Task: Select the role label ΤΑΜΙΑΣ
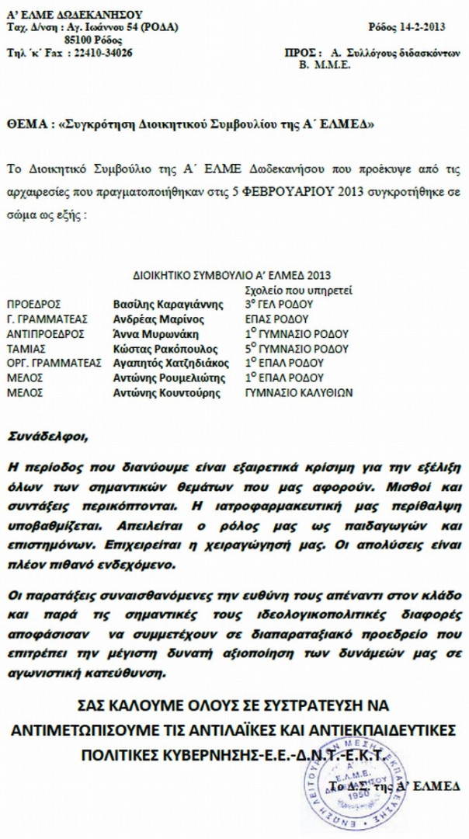pyautogui.click(x=25, y=349)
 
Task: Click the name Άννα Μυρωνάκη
pyautogui.click(x=150, y=334)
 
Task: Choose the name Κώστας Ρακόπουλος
pyautogui.click(x=158, y=349)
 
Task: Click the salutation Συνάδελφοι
pyautogui.click(x=49, y=437)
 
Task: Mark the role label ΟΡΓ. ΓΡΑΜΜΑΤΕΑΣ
pyautogui.click(x=54, y=364)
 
